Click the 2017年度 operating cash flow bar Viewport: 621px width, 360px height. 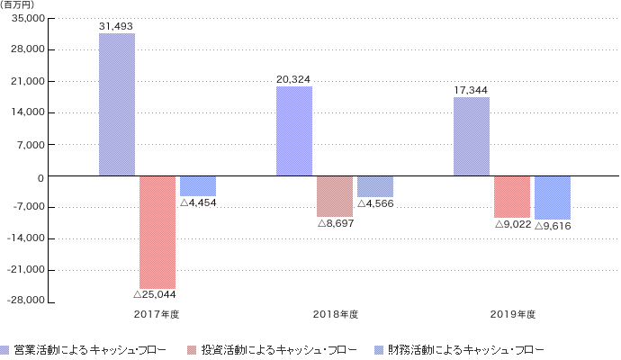[x=117, y=104]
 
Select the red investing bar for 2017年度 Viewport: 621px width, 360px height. [x=157, y=231]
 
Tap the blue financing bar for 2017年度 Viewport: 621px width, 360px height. [x=198, y=185]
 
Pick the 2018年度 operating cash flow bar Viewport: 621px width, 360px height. [x=294, y=130]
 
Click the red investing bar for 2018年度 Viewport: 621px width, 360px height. [x=335, y=195]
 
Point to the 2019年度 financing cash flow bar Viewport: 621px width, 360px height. [x=553, y=197]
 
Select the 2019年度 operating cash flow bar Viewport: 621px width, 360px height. [x=472, y=137]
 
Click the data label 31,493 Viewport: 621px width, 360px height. [x=117, y=26]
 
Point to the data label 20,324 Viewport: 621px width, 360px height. [x=294, y=79]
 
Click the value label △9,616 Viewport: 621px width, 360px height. [x=553, y=225]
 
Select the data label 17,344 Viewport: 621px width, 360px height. [x=472, y=91]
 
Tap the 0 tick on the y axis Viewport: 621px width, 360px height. [x=41, y=176]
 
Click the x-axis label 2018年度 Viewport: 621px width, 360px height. [x=336, y=314]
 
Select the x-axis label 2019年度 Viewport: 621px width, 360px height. [x=513, y=314]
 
